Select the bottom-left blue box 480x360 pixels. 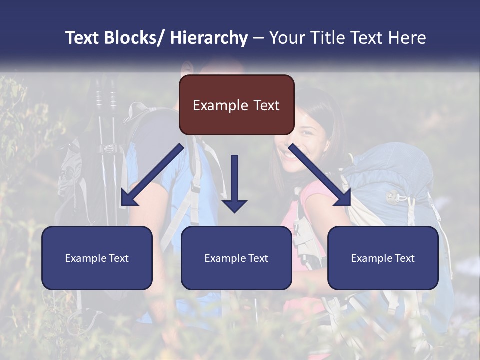pyautogui.click(x=97, y=258)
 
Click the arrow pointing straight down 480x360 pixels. pyautogui.click(x=234, y=180)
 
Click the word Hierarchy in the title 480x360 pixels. pyautogui.click(x=209, y=38)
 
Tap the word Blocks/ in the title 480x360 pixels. pyautogui.click(x=134, y=38)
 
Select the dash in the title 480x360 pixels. pyautogui.click(x=258, y=38)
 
